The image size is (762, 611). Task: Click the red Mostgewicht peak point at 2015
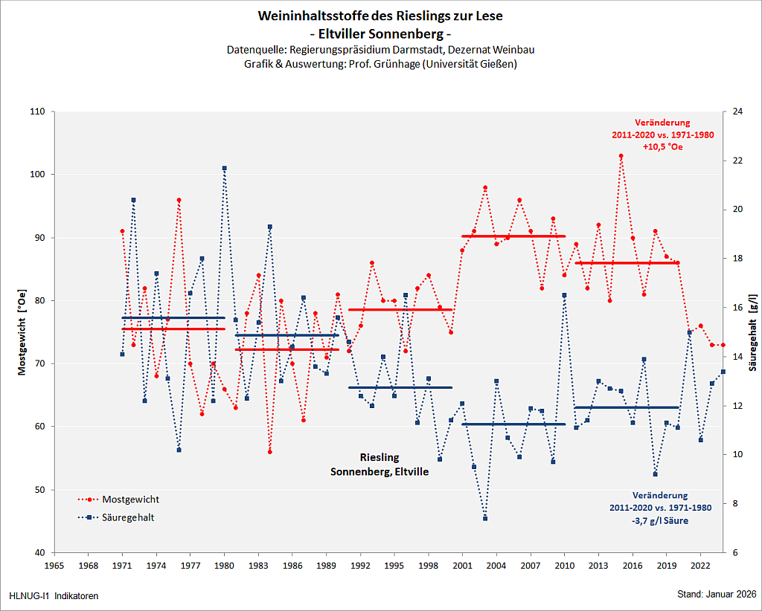[621, 156]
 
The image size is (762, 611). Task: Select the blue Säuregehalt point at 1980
[225, 168]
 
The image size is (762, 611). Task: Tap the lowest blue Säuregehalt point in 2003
[485, 518]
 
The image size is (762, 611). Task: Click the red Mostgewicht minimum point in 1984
[270, 452]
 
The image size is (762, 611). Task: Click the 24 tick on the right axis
[737, 112]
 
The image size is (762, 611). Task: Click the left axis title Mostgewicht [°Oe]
[22, 333]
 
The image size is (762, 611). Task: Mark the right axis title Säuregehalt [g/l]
[753, 333]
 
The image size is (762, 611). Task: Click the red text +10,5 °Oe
[662, 147]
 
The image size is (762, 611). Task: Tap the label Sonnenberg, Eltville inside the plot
[380, 471]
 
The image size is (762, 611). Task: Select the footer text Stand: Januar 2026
[717, 595]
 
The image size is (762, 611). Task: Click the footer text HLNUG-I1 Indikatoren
[54, 596]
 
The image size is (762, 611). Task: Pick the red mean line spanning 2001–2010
[513, 236]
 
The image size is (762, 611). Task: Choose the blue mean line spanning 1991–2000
[400, 387]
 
